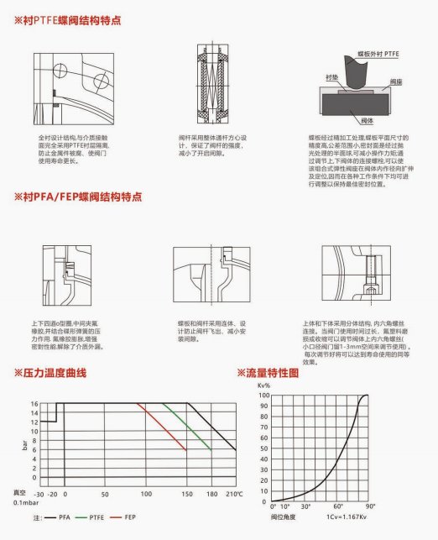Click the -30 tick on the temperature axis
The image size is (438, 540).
(38, 495)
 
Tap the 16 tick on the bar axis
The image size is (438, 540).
(34, 404)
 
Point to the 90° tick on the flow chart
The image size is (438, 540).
(370, 506)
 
